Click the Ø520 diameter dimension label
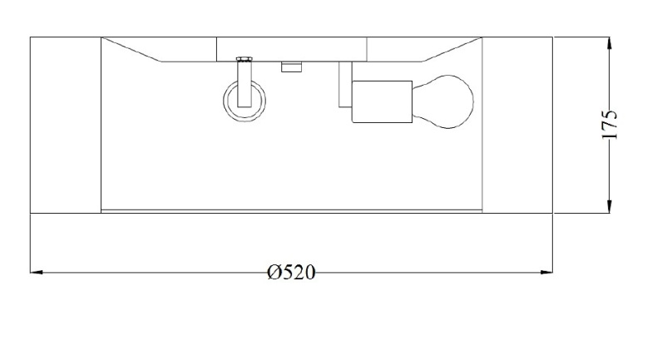pos(291,273)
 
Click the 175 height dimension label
pos(610,125)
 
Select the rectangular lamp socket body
pos(382,101)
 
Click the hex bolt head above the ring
pos(245,59)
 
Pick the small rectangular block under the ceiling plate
pos(292,67)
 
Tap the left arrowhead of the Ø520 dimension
pos(37,273)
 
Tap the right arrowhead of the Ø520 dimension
pos(546,273)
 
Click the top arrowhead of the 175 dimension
pos(610,43)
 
